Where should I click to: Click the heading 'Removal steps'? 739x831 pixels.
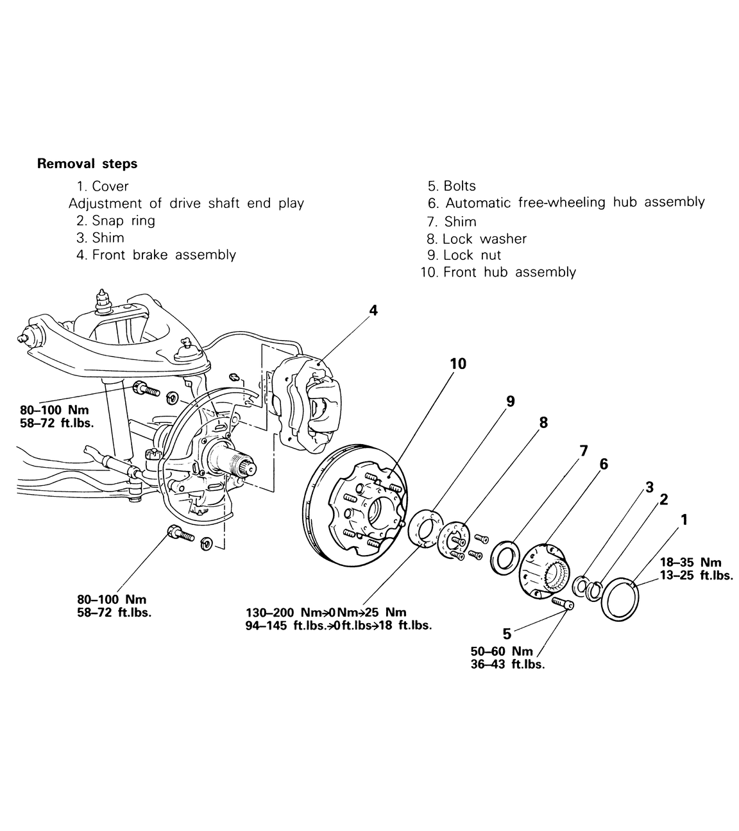(87, 164)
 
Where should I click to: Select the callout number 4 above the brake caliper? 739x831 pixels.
(373, 311)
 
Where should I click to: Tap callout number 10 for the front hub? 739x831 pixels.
(457, 364)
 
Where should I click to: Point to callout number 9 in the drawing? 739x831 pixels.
(510, 401)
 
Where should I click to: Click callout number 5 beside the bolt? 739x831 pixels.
(507, 634)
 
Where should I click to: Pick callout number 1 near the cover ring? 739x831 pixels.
(684, 520)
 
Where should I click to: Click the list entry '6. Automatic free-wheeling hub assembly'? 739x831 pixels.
(566, 203)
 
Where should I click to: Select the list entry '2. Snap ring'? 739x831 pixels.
(115, 221)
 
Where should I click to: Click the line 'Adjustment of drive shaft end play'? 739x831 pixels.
(186, 203)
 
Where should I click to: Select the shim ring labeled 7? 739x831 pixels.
(505, 555)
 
